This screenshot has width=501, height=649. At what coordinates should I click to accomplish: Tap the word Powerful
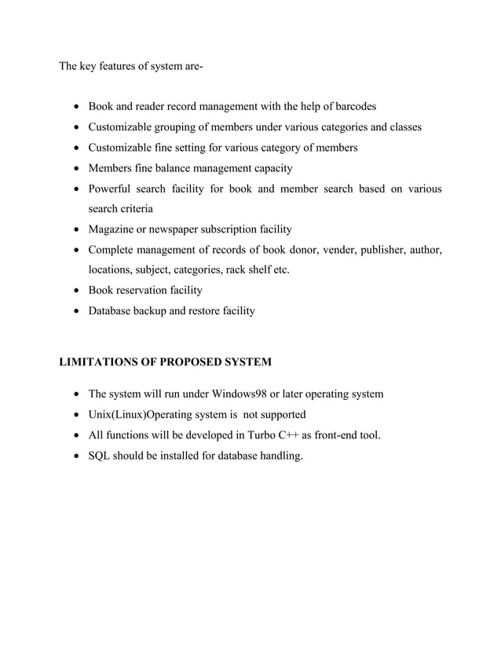point(111,189)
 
